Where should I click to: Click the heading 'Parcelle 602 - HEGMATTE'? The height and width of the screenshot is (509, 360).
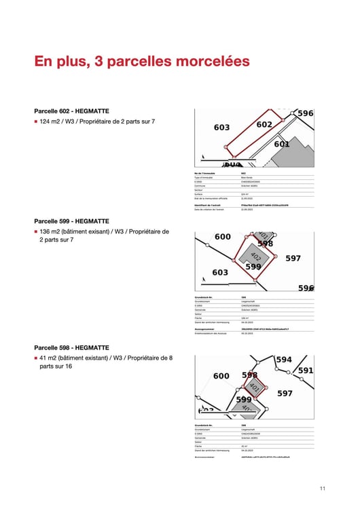71,111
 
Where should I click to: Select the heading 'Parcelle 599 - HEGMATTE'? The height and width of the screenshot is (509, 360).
71,221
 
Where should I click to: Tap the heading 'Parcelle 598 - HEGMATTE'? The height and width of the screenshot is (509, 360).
71,347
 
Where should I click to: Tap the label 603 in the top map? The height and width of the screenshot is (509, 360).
221,128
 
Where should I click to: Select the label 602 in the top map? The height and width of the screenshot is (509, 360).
264,124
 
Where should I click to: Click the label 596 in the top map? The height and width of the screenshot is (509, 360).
306,113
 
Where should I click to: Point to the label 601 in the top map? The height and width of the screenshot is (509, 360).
281,144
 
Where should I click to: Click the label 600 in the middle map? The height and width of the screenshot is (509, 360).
222,237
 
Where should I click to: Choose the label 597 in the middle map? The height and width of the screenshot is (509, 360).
293,259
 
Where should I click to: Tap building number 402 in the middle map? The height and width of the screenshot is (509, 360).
255,257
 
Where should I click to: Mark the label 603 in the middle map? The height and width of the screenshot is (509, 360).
220,272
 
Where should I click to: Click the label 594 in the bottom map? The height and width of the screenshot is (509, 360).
284,360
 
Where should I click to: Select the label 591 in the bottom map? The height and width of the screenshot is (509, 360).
306,371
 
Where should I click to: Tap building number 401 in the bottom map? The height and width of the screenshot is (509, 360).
253,387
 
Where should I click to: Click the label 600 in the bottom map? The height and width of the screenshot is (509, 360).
221,376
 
